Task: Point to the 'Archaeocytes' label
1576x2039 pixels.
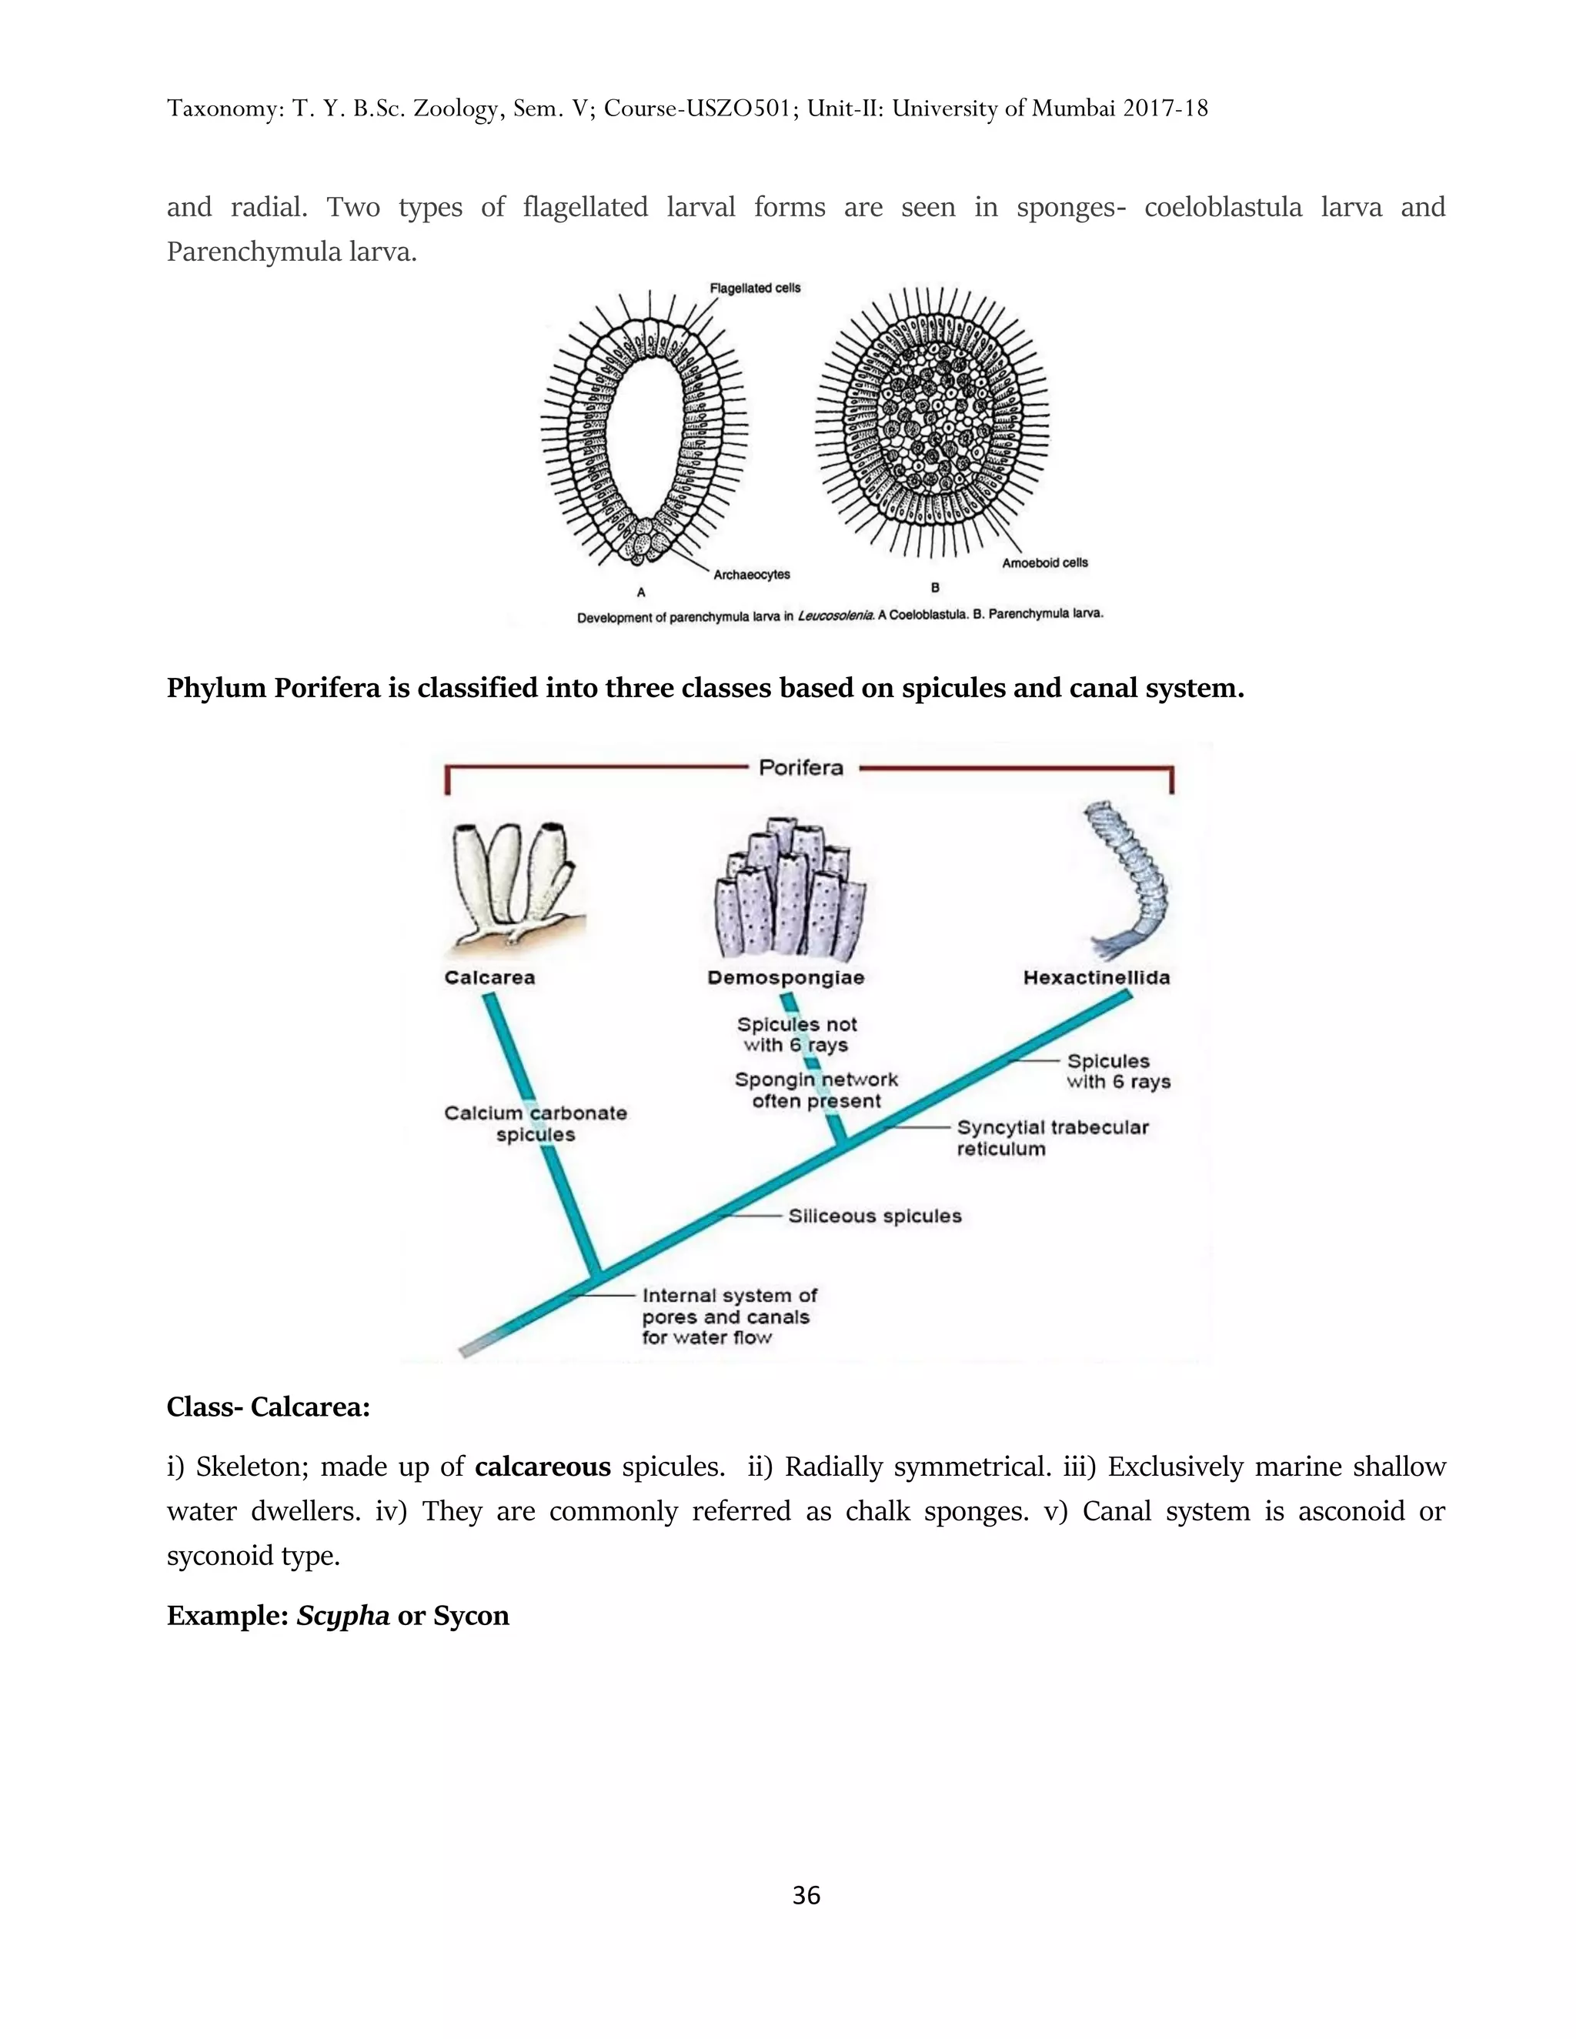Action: tap(752, 575)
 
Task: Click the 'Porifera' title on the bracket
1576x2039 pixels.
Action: tap(800, 767)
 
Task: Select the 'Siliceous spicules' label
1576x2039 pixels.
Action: tap(874, 1216)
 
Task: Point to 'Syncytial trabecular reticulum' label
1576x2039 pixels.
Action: tap(1051, 1138)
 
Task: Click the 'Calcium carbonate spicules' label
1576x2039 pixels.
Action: tap(535, 1123)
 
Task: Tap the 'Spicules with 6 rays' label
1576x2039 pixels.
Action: tap(1117, 1072)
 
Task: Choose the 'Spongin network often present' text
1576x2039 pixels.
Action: tap(816, 1090)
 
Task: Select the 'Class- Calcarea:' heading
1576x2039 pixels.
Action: tap(268, 1407)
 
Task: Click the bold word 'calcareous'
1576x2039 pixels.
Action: tap(543, 1467)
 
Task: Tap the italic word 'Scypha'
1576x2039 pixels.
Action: tap(342, 1615)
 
